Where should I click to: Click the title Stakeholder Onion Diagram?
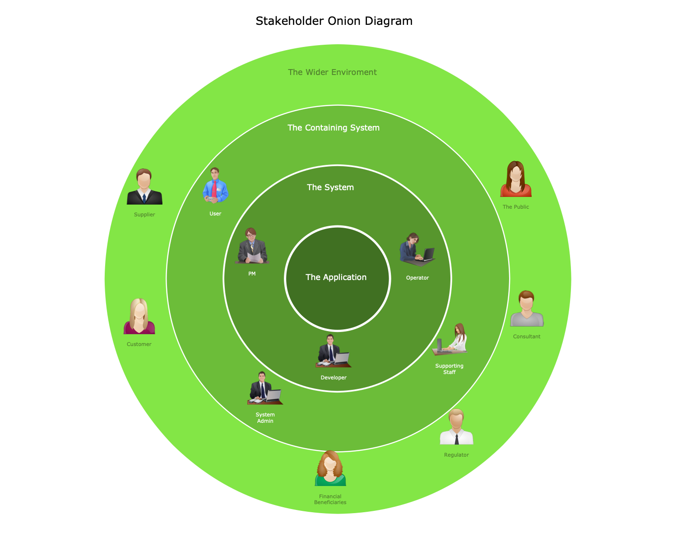(x=334, y=21)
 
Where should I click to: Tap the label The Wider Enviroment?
(x=332, y=72)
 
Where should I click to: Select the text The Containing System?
(x=334, y=128)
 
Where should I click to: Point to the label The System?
(x=330, y=187)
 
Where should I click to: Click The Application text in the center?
(x=336, y=277)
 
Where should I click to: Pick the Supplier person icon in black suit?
(x=144, y=187)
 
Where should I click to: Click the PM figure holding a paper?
(x=252, y=246)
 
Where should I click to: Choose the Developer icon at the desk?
(x=333, y=351)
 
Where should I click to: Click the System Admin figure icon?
(x=265, y=388)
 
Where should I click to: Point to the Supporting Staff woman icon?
(x=450, y=339)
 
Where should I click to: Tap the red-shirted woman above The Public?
(x=516, y=179)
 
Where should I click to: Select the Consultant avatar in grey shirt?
(x=527, y=309)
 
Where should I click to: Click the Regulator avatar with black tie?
(x=456, y=427)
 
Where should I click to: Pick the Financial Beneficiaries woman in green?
(x=330, y=468)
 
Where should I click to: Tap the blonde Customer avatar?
(x=139, y=317)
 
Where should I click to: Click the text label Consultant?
(x=527, y=337)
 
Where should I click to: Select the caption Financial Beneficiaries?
(x=330, y=499)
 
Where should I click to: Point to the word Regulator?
(x=456, y=455)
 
